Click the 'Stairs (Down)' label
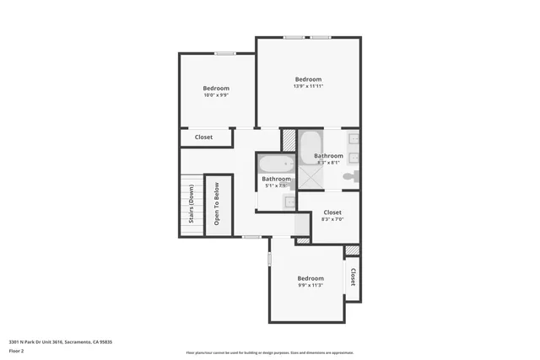coord(192,205)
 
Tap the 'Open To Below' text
coord(217,206)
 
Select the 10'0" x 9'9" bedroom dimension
coord(216,95)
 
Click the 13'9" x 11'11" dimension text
coord(309,86)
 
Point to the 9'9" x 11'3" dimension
coord(310,286)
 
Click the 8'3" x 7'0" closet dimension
coord(332,219)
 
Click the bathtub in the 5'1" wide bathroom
coord(276,164)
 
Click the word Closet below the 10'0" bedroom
coord(203,137)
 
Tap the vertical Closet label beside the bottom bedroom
coord(353,277)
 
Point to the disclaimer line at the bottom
coord(269,352)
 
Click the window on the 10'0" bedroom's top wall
coord(224,54)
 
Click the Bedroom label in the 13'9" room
coord(308,79)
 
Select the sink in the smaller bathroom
coord(289,202)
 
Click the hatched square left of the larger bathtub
coord(289,140)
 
